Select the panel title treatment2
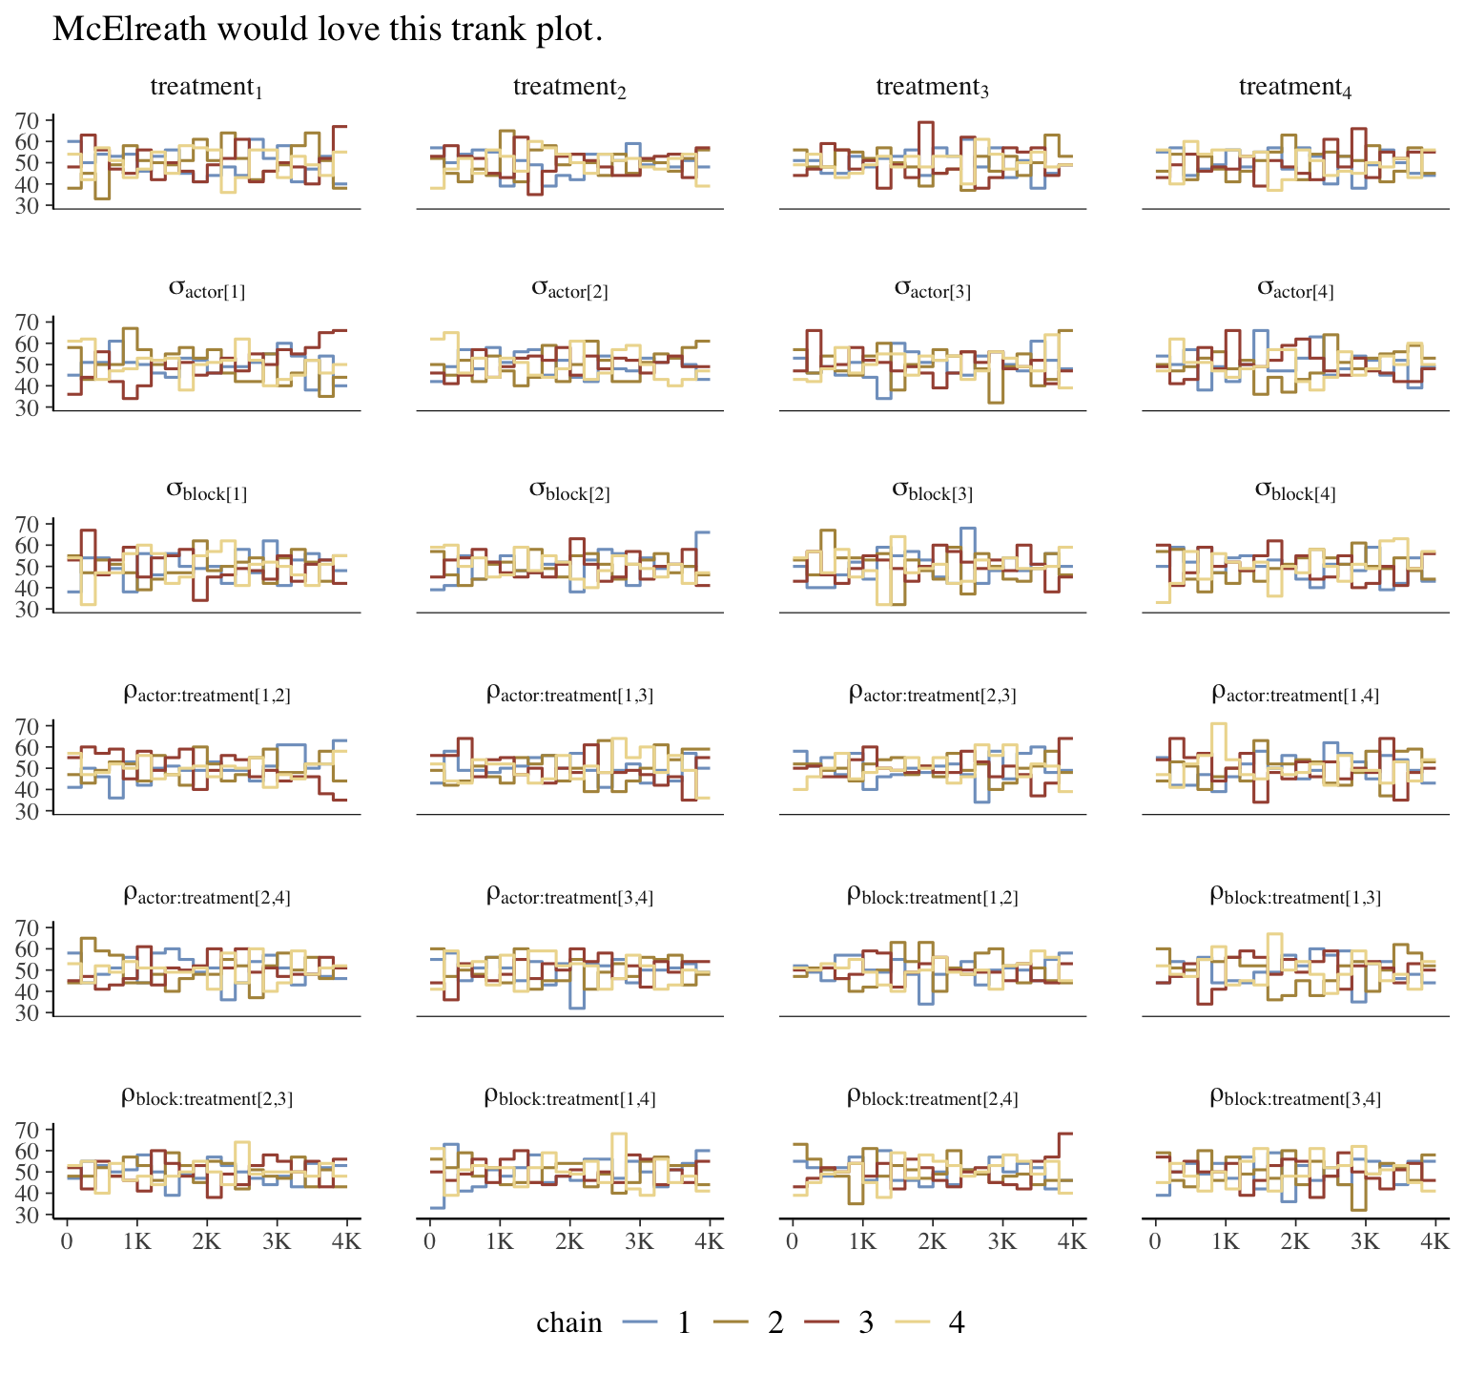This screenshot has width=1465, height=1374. (x=569, y=88)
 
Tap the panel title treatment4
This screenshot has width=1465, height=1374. (x=1295, y=88)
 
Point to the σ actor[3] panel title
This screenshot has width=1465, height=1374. (x=932, y=288)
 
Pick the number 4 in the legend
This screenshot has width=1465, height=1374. (x=957, y=1322)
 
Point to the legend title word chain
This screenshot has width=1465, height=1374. (x=569, y=1322)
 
